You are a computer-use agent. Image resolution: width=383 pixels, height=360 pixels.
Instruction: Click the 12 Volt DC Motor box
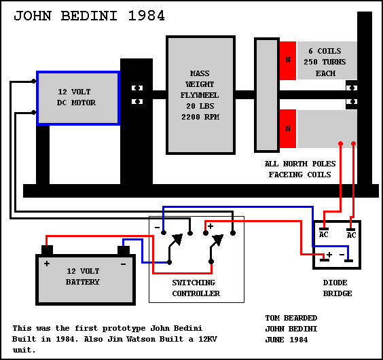point(78,98)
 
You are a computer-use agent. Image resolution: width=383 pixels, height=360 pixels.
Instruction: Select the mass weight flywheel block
point(200,95)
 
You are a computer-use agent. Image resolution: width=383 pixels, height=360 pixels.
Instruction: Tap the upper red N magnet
point(288,60)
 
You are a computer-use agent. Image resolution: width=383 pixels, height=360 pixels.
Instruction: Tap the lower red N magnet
point(288,128)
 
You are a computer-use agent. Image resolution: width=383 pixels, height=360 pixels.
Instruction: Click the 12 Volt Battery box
point(86,280)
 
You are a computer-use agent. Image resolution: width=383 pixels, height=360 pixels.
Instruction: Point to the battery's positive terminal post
point(47,250)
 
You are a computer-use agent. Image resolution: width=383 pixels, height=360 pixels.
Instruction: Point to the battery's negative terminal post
point(124,250)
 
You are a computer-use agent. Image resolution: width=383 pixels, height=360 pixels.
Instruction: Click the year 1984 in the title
point(146,16)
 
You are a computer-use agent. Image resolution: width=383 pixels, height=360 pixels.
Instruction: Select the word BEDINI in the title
point(89,16)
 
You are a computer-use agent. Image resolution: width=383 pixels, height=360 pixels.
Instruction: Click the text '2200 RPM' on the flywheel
point(200,117)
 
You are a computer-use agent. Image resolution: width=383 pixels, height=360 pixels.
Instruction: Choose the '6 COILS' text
point(325,51)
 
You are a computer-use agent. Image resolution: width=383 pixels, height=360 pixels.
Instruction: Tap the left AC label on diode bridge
point(324,234)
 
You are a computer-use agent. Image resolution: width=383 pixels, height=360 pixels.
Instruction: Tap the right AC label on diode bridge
point(351,235)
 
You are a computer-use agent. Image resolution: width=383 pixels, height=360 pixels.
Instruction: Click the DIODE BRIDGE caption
point(338,288)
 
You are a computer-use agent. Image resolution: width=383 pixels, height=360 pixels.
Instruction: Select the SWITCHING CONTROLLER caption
point(196,288)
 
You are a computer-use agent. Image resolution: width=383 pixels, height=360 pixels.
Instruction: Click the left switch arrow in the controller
point(176,247)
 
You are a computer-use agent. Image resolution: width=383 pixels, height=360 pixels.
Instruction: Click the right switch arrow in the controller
point(217,247)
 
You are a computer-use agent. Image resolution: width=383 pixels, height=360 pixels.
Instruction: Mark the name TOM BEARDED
point(291,318)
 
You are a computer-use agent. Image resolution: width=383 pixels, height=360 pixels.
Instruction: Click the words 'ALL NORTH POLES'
point(300,164)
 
